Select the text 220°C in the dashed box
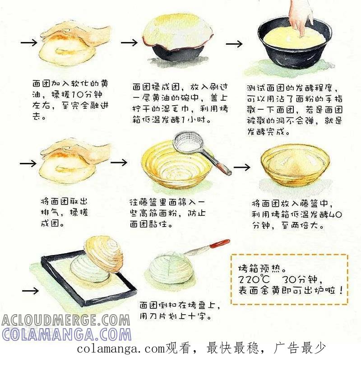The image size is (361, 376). coord(254,279)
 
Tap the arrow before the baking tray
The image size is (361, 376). coord(30,291)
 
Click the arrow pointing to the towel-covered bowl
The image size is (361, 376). coord(129,43)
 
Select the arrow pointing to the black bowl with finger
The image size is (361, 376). coord(234,44)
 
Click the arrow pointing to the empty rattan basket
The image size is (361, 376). coord(119,162)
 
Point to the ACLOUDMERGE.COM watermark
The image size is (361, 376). coord(65,320)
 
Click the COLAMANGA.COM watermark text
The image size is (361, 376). coord(67,334)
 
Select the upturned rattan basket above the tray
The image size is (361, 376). coord(104,254)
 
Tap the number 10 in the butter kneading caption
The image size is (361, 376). coord(78,94)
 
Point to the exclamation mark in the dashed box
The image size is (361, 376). coord(341,290)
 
